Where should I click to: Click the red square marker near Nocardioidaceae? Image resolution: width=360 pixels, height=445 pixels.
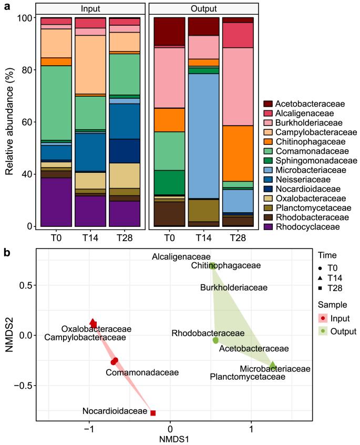(153, 413)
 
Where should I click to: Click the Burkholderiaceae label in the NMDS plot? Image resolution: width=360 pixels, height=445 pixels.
(234, 288)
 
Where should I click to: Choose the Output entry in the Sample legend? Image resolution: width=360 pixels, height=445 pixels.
(334, 331)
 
